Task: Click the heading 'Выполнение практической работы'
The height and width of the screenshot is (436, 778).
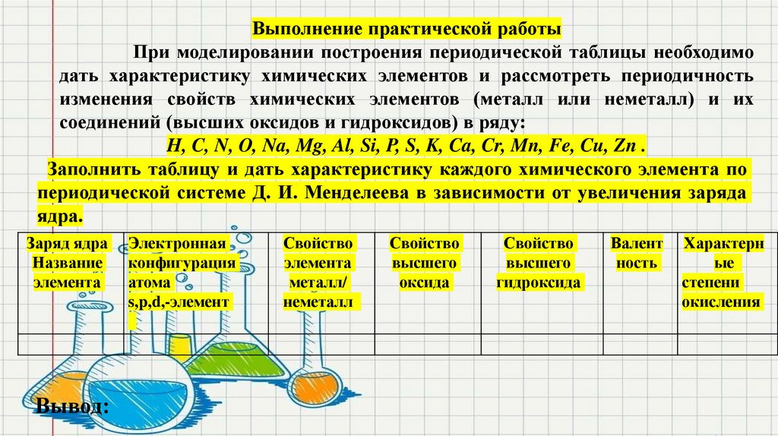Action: (407, 30)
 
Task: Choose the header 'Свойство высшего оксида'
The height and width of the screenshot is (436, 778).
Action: (425, 263)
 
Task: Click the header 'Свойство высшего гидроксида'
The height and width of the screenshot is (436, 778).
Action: (539, 263)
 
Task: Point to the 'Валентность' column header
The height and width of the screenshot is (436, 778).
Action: (637, 253)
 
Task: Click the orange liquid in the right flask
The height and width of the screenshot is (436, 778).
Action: (314, 385)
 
